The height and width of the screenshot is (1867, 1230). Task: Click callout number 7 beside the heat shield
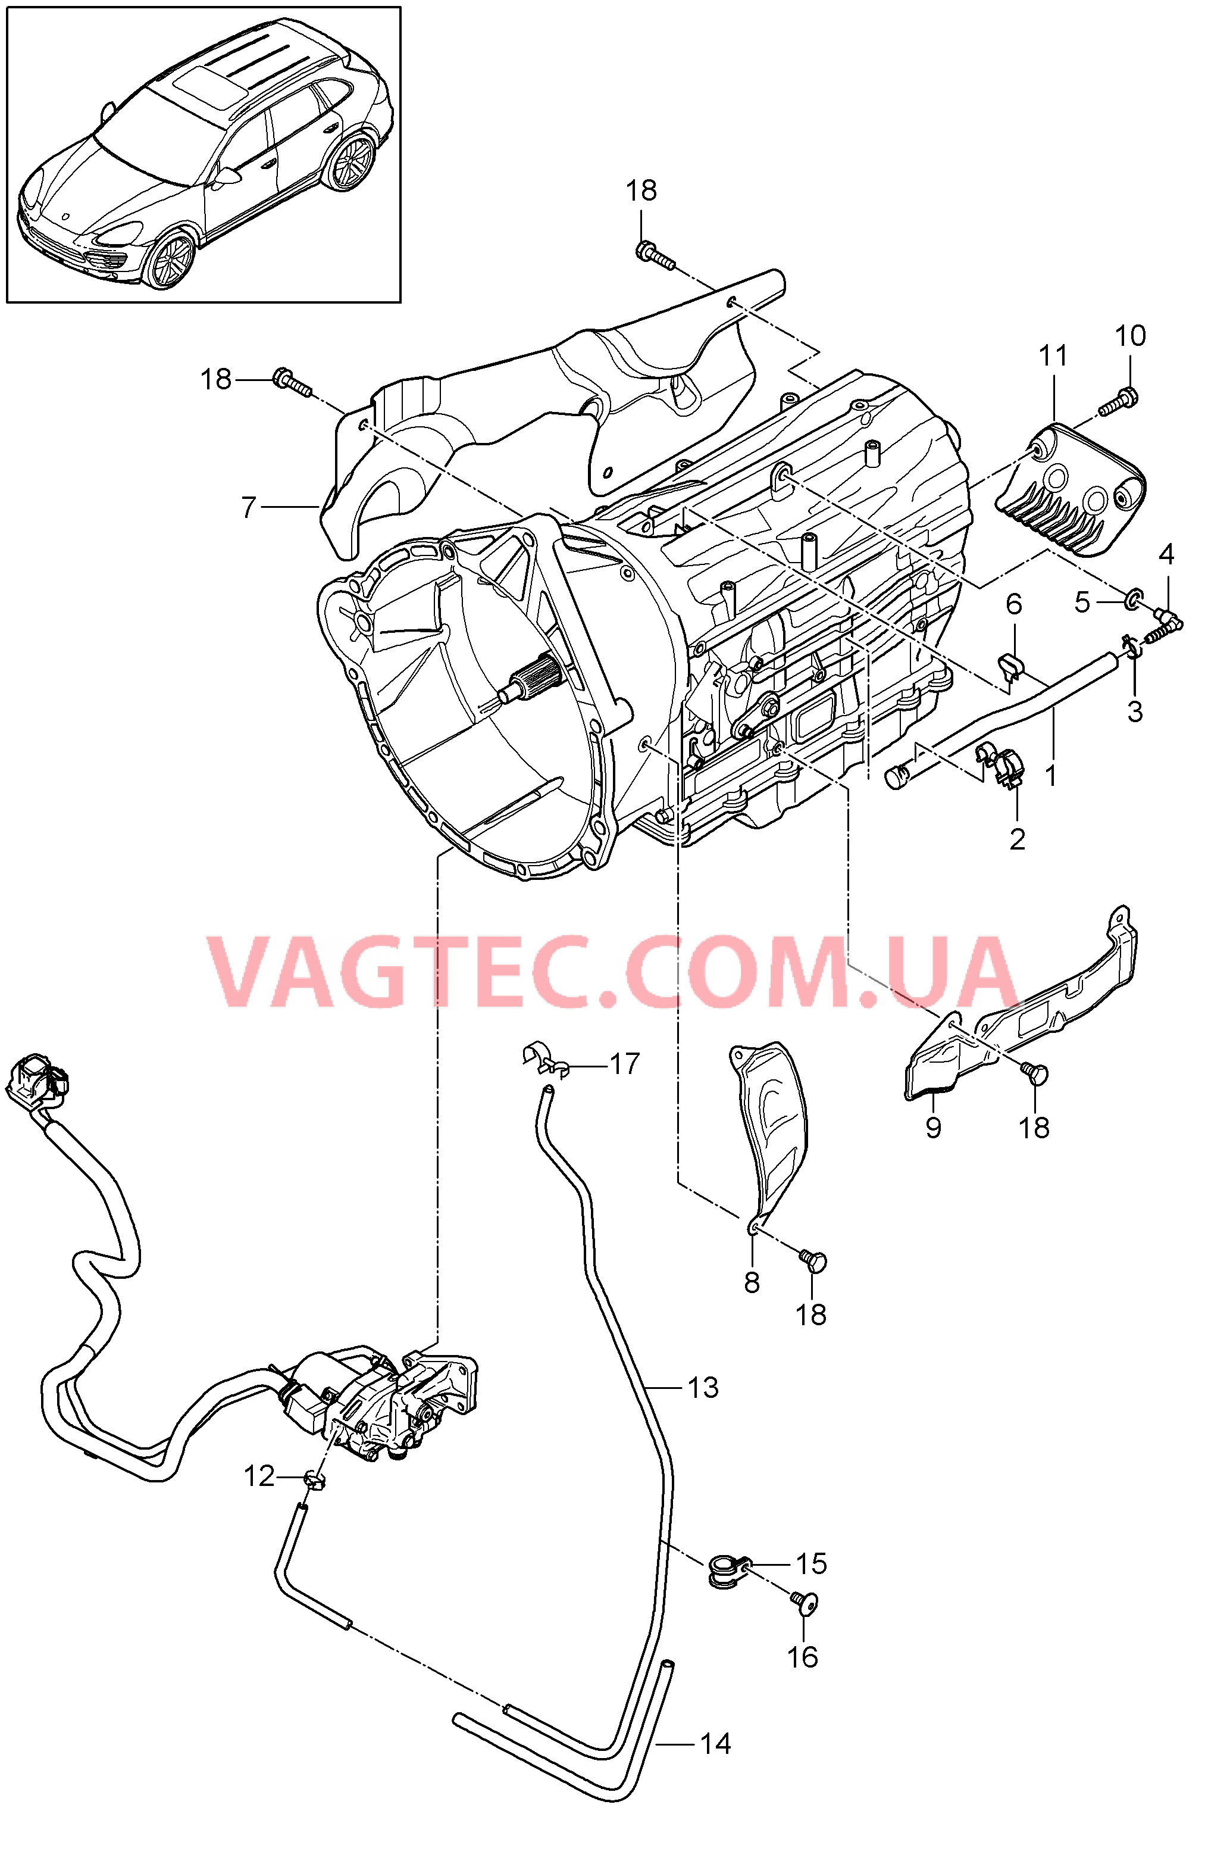249,508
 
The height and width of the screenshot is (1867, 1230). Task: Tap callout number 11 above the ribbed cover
1053,355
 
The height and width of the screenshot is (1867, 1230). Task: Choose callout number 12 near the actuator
259,1476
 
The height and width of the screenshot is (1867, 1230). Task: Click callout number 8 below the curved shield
752,1282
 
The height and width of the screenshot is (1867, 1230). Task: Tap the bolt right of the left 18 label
292,383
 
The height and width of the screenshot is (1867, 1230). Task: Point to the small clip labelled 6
1011,666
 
